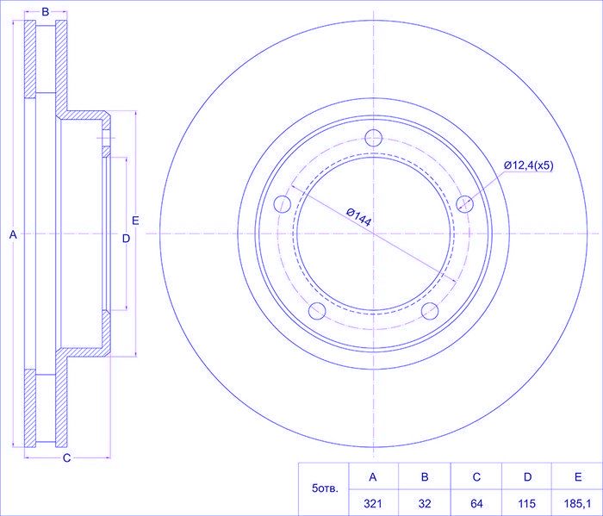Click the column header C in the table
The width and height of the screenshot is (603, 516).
pyautogui.click(x=476, y=476)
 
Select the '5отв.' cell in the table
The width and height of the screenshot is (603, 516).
pyautogui.click(x=324, y=489)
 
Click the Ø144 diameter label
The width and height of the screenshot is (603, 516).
pyautogui.click(x=358, y=215)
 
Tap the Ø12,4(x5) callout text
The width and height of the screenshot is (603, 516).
pyautogui.click(x=528, y=165)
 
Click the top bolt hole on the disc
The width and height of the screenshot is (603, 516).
pyautogui.click(x=374, y=138)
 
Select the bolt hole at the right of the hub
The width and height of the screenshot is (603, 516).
pyautogui.click(x=465, y=203)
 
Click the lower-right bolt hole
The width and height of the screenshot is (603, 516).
pyautogui.click(x=430, y=311)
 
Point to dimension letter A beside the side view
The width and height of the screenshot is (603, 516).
pyautogui.click(x=12, y=233)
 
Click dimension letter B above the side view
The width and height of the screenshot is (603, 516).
pyautogui.click(x=45, y=12)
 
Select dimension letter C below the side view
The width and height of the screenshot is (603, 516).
pyautogui.click(x=65, y=457)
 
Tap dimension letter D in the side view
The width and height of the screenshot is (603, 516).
pyautogui.click(x=125, y=238)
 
